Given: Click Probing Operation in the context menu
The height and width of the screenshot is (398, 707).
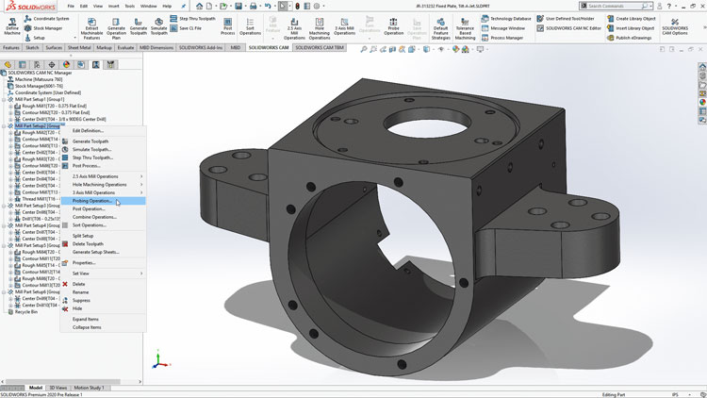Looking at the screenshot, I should (x=92, y=201).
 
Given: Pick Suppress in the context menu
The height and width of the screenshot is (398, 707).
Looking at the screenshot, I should (x=82, y=300).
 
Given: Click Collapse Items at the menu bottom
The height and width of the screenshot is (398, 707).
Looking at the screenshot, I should (x=87, y=327).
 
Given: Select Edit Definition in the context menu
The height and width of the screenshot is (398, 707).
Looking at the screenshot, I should (x=89, y=130).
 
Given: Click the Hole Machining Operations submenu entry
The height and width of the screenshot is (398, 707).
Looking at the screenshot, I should (x=100, y=185).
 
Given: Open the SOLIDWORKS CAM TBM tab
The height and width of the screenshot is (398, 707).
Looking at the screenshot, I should (x=320, y=46).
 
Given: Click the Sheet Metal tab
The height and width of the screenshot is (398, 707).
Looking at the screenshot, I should (x=79, y=46).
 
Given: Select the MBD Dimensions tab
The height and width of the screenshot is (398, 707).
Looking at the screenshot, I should (x=156, y=46).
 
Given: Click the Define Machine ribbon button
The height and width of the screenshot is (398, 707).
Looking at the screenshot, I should (x=12, y=25).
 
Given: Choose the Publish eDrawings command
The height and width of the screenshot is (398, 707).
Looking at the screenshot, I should (x=633, y=39).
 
